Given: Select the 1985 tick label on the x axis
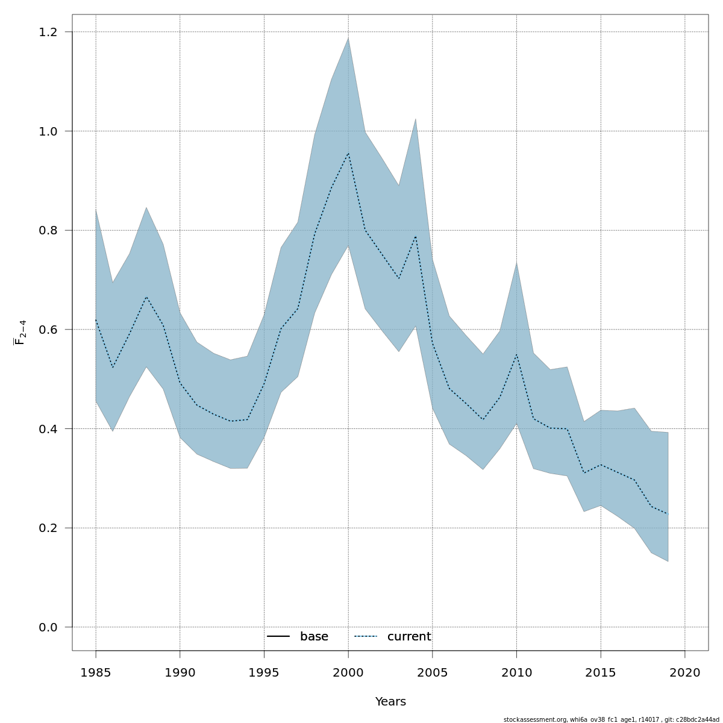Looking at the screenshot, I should pyautogui.click(x=96, y=672).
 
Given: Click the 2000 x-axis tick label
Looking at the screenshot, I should pyautogui.click(x=348, y=672).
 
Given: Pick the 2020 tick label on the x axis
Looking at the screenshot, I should pyautogui.click(x=685, y=672).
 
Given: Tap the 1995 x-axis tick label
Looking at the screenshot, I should pyautogui.click(x=264, y=672).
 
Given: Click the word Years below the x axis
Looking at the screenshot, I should pyautogui.click(x=390, y=702).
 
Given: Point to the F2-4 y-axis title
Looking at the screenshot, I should pyautogui.click(x=20, y=333).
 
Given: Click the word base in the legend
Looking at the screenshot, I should pyautogui.click(x=314, y=637).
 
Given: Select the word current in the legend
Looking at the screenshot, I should pyautogui.click(x=409, y=637).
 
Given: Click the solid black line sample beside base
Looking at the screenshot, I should pyautogui.click(x=278, y=637).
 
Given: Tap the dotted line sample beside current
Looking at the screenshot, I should pyautogui.click(x=365, y=637).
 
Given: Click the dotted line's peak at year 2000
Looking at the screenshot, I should pyautogui.click(x=348, y=153).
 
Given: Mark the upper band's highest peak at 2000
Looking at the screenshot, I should pyautogui.click(x=348, y=38).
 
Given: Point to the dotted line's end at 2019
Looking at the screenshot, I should pyautogui.click(x=668, y=514).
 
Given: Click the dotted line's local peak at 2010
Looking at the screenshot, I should pyautogui.click(x=516, y=354).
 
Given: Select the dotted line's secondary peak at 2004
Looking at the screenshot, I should pyautogui.click(x=416, y=236).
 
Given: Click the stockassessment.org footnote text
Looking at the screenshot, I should pyautogui.click(x=611, y=719).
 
